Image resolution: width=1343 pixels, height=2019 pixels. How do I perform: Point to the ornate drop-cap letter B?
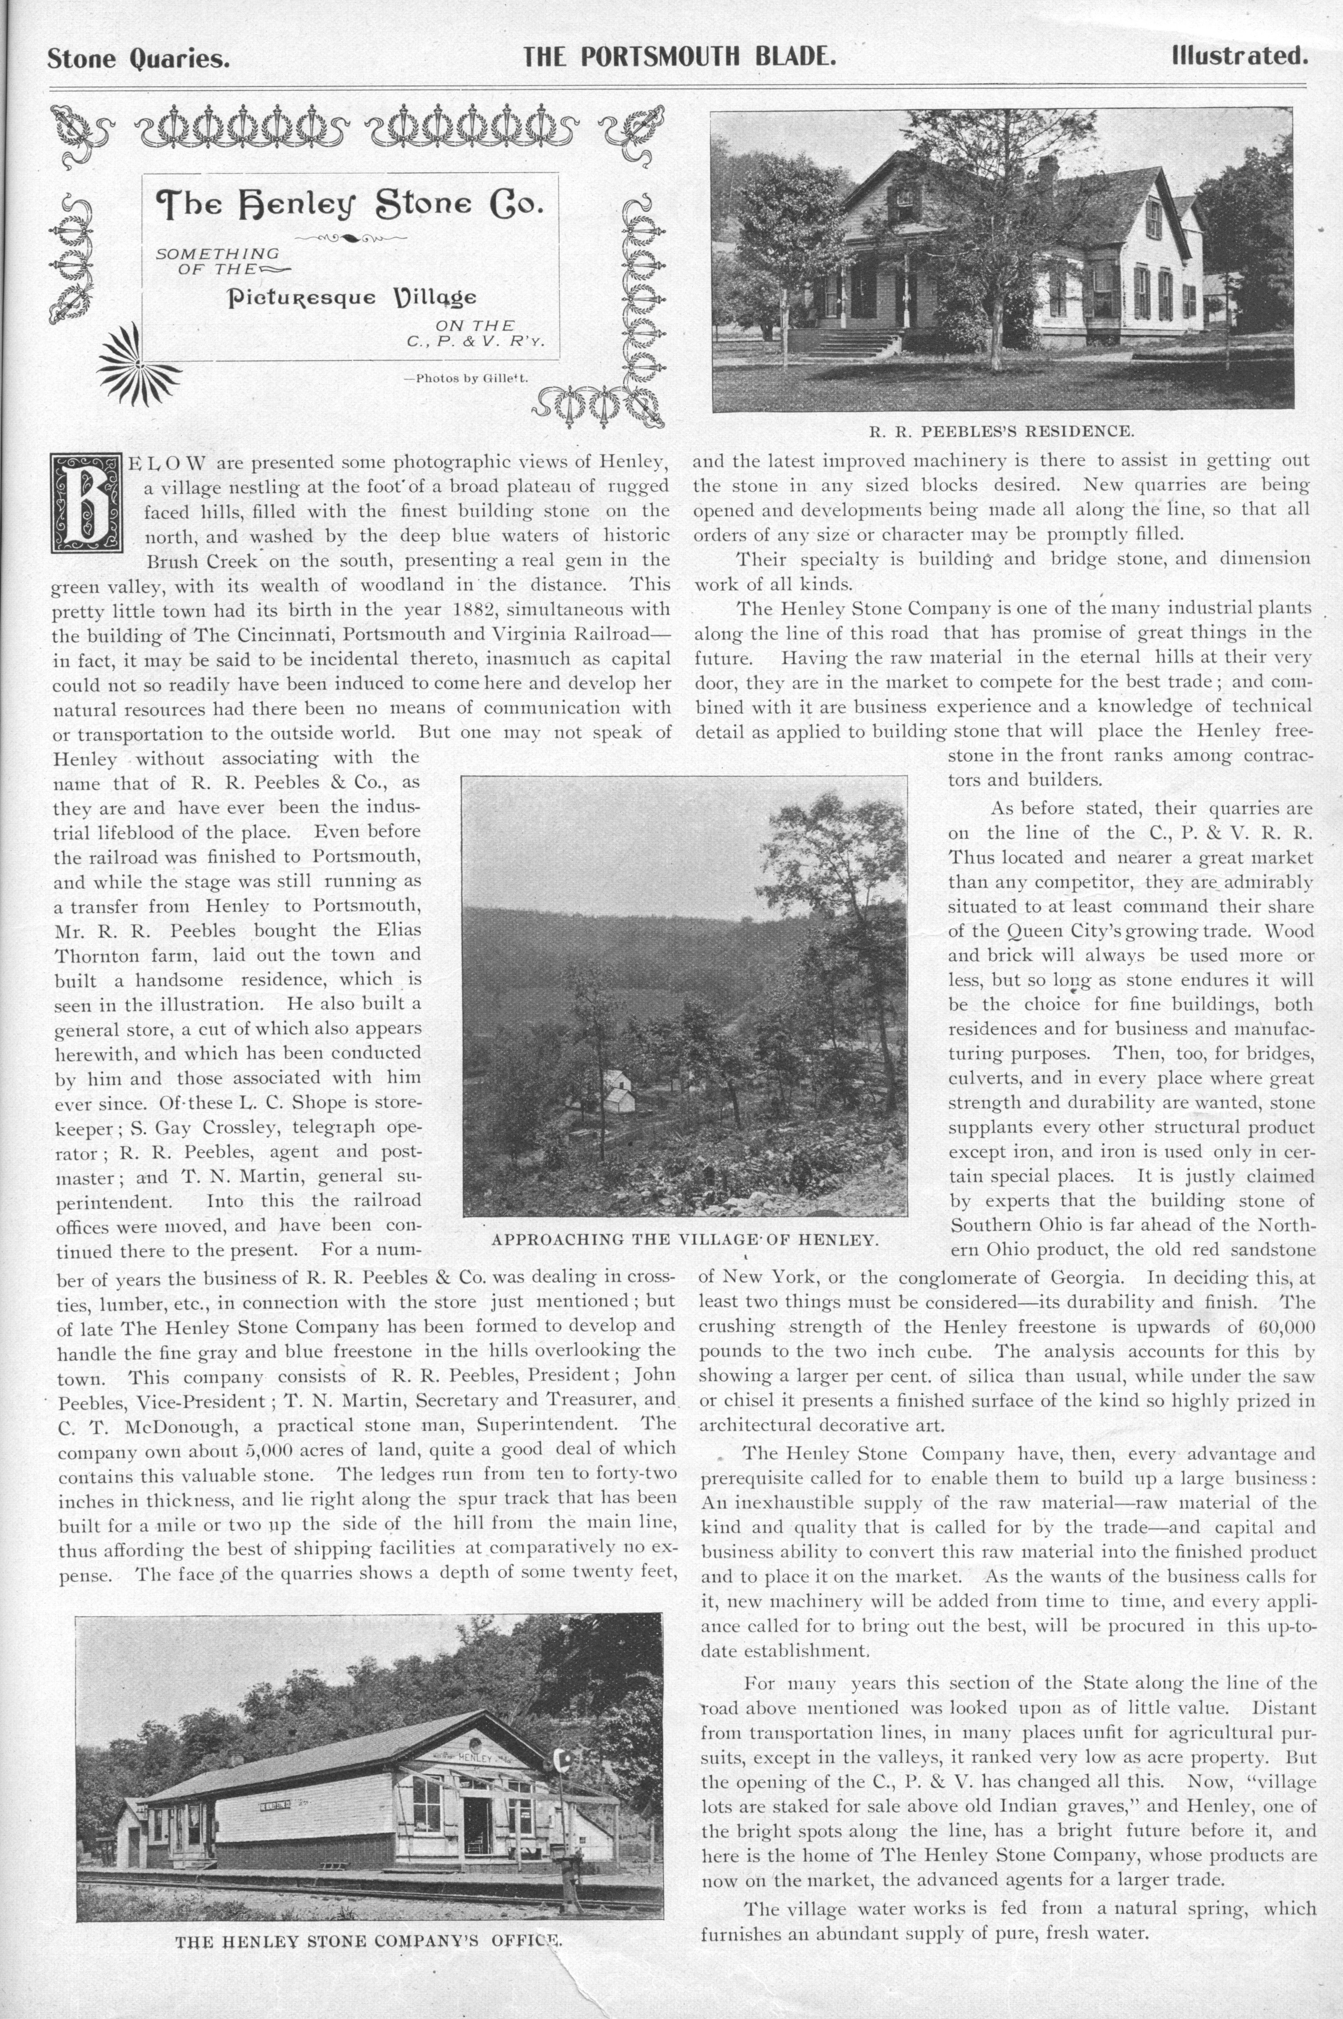(87, 502)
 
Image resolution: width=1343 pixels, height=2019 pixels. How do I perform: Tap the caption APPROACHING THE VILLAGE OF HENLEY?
(684, 1239)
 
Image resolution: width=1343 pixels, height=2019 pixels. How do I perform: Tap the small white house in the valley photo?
(618, 1089)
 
